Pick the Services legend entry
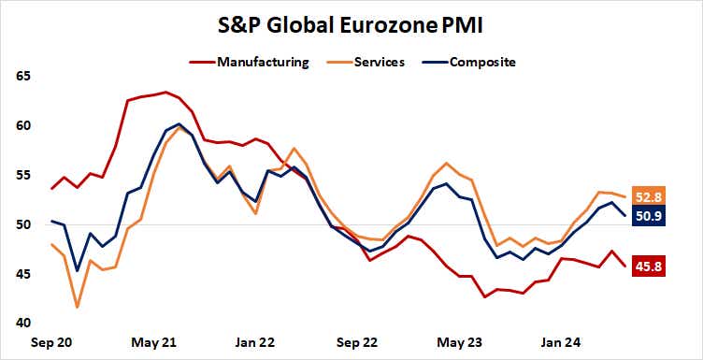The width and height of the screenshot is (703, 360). pyautogui.click(x=380, y=63)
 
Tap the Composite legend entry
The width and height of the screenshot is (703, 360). pyautogui.click(x=482, y=63)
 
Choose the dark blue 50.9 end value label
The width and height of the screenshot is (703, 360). pyautogui.click(x=649, y=217)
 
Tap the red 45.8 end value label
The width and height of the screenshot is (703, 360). pyautogui.click(x=649, y=266)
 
